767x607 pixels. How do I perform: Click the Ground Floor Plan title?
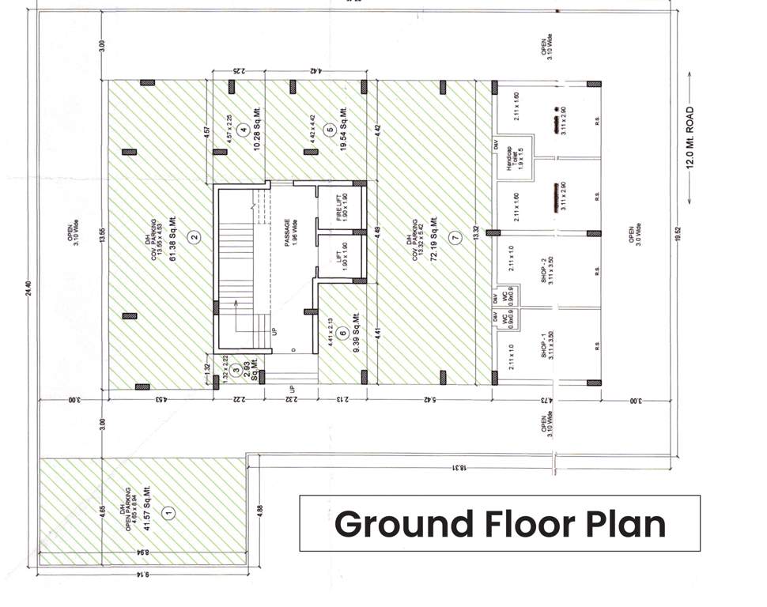(499, 523)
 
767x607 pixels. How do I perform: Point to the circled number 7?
(453, 236)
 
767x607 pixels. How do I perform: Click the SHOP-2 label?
(543, 270)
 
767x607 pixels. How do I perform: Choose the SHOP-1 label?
(543, 345)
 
